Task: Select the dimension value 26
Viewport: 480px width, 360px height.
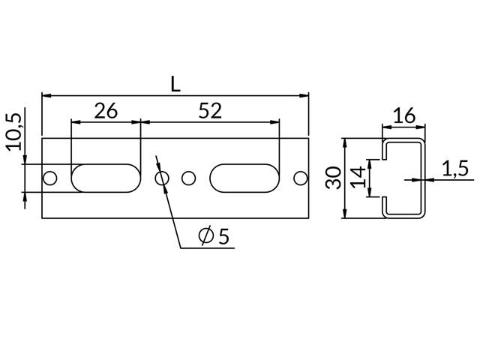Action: click(106, 110)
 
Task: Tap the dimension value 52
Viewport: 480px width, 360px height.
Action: click(210, 110)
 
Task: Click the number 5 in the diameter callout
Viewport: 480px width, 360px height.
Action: click(223, 237)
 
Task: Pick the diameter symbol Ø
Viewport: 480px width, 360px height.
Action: click(206, 237)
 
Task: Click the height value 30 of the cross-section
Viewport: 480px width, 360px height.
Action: click(334, 178)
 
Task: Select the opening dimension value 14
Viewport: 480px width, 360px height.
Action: click(359, 178)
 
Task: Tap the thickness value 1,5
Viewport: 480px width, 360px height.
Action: click(454, 169)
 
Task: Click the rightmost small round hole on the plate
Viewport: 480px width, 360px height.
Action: click(300, 178)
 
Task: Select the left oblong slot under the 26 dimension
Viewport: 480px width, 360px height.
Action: click(106, 178)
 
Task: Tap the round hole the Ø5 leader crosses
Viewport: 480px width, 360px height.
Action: click(160, 178)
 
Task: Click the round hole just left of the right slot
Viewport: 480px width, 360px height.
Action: click(189, 178)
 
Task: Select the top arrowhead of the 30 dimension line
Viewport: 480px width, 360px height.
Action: click(345, 142)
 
